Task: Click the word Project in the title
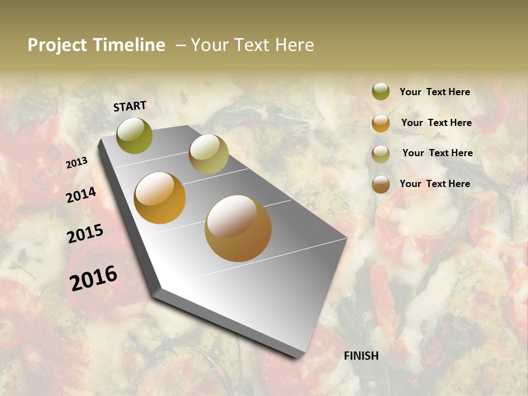[57, 45]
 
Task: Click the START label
[130, 106]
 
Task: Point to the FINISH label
[361, 356]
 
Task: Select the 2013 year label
[76, 163]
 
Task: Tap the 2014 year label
[81, 195]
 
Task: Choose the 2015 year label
[85, 234]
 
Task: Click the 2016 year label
[94, 278]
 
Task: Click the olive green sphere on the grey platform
[135, 135]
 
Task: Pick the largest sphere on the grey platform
[238, 228]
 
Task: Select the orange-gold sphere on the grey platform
[160, 198]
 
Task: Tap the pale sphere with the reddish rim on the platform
[208, 154]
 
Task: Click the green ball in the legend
[381, 91]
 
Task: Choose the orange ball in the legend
[381, 123]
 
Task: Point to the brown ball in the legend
[381, 185]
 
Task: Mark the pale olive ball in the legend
[381, 154]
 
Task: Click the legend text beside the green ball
[435, 92]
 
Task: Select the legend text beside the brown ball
[435, 184]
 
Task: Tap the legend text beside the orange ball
[436, 123]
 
